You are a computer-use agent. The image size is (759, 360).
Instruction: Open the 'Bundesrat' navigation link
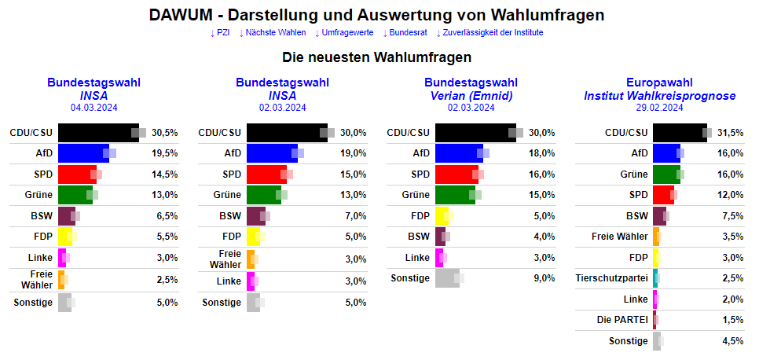[x=408, y=32]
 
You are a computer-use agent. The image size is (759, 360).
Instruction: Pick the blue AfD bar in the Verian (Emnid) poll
[x=459, y=153]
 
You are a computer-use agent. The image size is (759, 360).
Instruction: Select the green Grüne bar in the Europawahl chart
[x=665, y=174]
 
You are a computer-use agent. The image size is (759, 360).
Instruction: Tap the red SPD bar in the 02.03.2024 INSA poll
[x=266, y=174]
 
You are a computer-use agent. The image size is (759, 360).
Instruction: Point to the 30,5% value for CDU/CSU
[x=164, y=133]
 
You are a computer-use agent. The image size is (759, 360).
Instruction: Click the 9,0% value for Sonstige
[x=541, y=277]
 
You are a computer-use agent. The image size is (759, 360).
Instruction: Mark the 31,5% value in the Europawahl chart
[x=730, y=133]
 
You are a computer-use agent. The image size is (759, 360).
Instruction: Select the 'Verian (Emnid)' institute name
[x=470, y=96]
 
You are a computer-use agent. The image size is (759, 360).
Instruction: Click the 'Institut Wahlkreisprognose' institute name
[x=659, y=96]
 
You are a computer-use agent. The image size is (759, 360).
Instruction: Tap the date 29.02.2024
[x=659, y=108]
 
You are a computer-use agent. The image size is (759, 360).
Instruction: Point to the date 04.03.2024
[x=93, y=108]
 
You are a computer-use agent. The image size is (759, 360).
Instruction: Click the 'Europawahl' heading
[x=659, y=83]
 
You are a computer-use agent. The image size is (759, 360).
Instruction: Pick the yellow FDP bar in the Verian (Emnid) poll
[x=442, y=215]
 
